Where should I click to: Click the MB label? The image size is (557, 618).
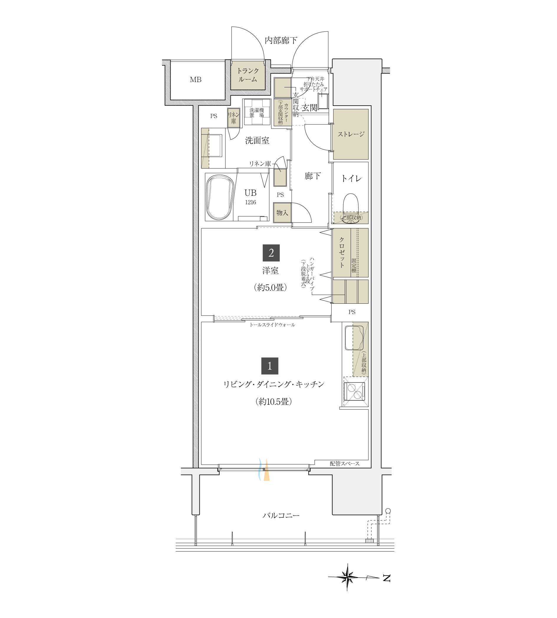tap(196, 80)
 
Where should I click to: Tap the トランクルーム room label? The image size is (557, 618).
tap(248, 75)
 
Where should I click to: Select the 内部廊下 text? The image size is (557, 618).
tap(281, 40)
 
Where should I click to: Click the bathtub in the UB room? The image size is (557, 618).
tap(220, 197)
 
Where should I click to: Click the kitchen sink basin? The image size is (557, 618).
tap(354, 338)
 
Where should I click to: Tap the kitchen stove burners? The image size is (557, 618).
tap(355, 392)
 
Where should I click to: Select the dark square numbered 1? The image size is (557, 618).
tap(270, 366)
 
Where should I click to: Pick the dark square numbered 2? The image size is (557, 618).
tap(271, 253)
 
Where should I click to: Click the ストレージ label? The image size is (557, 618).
tap(351, 134)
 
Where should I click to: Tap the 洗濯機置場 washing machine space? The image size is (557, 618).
tap(257, 112)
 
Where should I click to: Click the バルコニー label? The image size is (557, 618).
tap(281, 516)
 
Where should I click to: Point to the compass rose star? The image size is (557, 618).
tap(347, 577)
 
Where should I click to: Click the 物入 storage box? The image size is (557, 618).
tap(282, 213)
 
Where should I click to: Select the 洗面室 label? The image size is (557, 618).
tap(257, 141)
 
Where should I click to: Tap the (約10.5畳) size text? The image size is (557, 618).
tap(273, 402)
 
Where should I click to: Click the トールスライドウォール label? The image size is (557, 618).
tap(272, 325)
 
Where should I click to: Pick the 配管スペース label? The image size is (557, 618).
tap(345, 464)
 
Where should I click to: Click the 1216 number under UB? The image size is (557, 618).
tap(250, 202)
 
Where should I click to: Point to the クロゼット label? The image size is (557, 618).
tap(342, 252)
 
